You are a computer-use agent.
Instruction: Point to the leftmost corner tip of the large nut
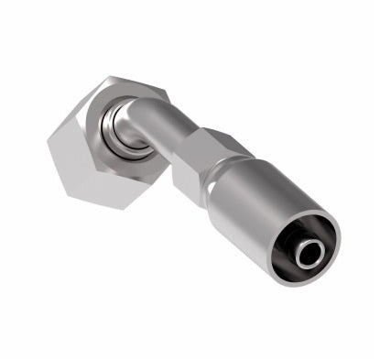point(47,146)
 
